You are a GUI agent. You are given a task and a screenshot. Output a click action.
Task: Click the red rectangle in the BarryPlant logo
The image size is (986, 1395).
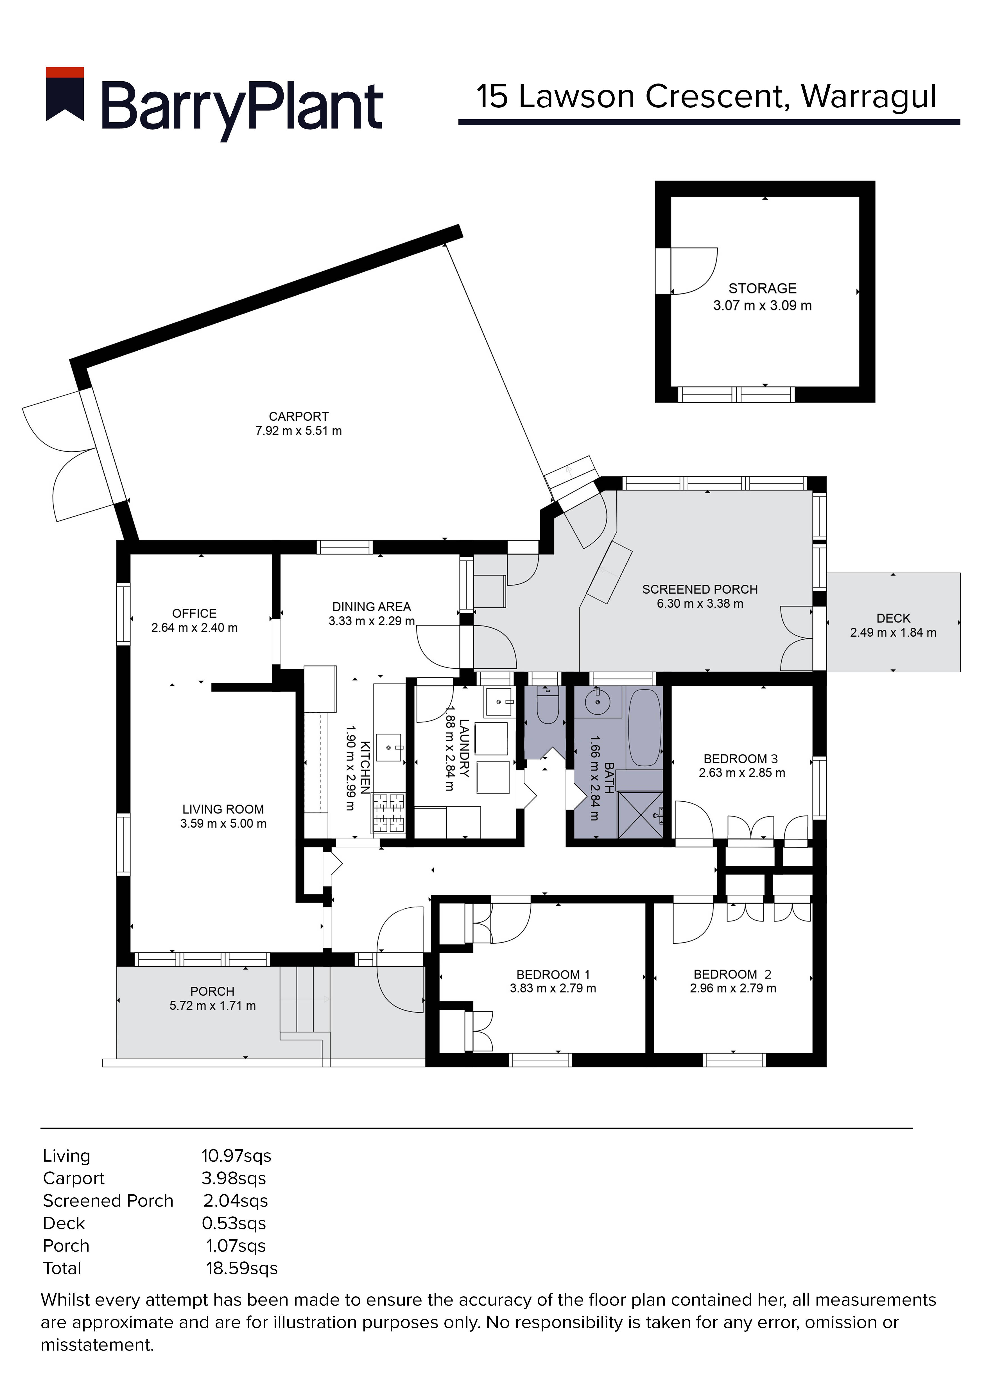(x=65, y=72)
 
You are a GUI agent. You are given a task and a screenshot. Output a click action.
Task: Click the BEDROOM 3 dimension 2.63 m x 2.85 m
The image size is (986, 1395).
(x=741, y=773)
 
